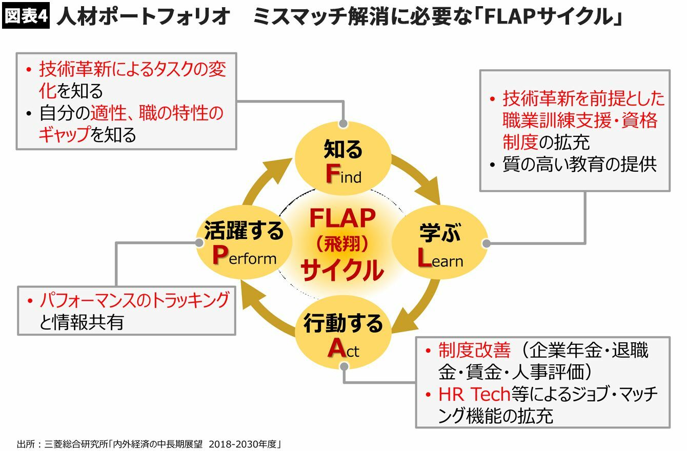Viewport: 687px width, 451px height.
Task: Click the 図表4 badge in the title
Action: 26,17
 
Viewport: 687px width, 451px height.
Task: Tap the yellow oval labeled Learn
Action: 440,245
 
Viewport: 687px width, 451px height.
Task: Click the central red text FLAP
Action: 342,219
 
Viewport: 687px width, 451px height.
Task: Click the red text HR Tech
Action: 474,394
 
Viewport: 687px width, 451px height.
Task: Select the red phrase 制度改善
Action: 474,351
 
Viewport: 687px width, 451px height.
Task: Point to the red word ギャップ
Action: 64,134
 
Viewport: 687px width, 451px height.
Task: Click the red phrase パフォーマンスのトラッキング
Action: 134,300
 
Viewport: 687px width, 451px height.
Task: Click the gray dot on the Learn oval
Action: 487,243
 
